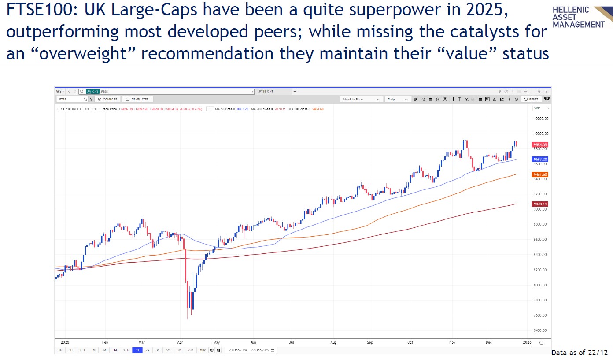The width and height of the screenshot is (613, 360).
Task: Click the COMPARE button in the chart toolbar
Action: (x=108, y=100)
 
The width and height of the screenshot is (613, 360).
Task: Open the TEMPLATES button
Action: (x=137, y=100)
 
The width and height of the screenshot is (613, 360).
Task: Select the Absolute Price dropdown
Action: (x=361, y=100)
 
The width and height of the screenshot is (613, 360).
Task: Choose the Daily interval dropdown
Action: (x=398, y=100)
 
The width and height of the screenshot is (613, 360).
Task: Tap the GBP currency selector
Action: (x=541, y=108)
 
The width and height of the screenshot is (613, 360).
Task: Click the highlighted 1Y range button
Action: (x=137, y=350)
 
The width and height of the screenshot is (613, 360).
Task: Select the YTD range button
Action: (x=126, y=350)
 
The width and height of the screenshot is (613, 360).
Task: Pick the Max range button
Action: (x=202, y=350)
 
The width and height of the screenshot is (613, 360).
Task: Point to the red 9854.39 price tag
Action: (x=539, y=145)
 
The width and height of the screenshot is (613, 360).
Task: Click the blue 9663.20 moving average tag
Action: (x=539, y=159)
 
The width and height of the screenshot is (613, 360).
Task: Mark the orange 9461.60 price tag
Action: (x=539, y=174)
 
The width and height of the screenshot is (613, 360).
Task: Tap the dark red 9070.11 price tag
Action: (x=539, y=204)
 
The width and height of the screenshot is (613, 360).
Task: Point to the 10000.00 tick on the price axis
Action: (x=540, y=134)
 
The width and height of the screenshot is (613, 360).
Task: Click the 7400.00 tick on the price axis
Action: (x=540, y=330)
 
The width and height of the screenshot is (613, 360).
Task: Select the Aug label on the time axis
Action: (x=333, y=342)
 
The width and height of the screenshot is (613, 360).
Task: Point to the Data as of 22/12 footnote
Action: (x=579, y=353)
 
